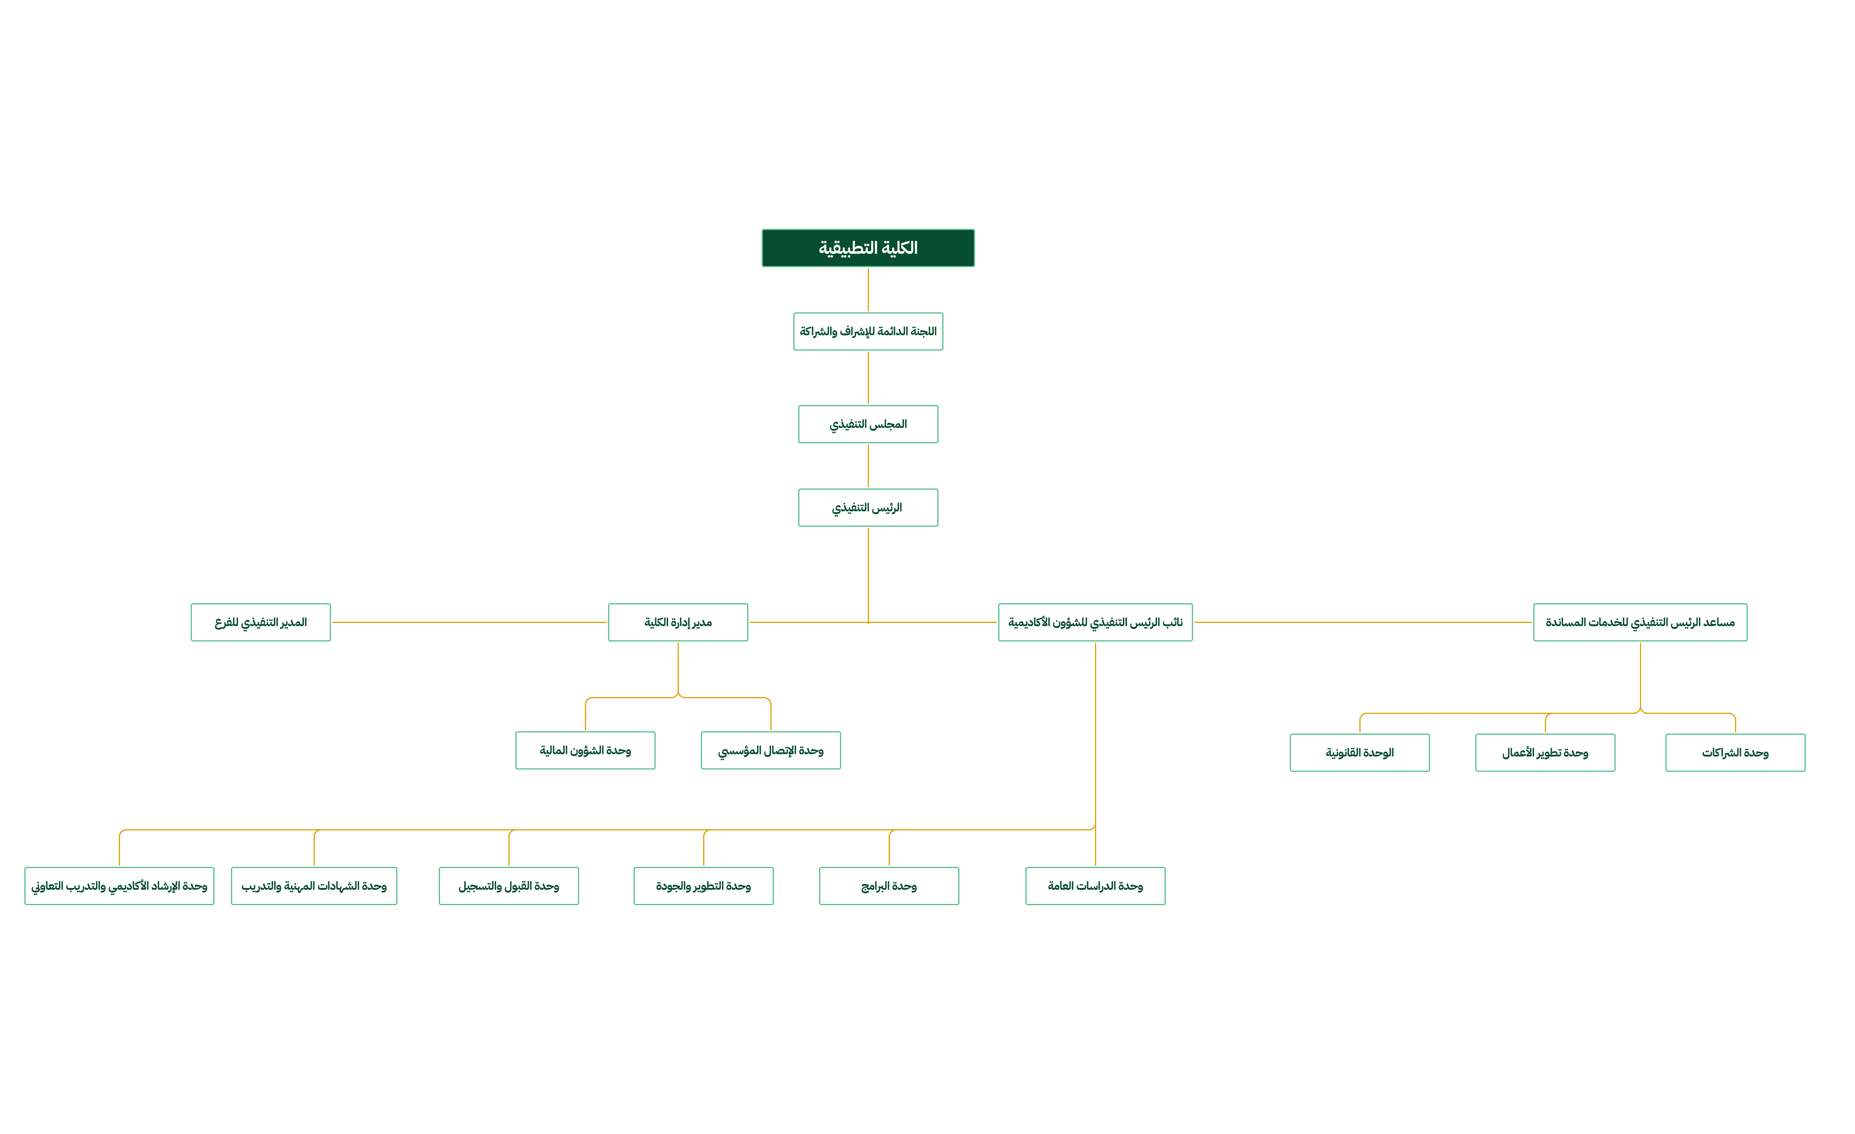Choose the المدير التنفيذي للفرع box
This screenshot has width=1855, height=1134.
pyautogui.click(x=261, y=622)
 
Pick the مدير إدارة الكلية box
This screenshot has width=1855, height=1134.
pyautogui.click(x=678, y=622)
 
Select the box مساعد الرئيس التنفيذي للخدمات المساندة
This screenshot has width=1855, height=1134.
pyautogui.click(x=1640, y=622)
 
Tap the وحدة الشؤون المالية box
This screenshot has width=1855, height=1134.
pyautogui.click(x=585, y=750)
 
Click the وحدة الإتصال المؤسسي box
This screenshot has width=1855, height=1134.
pyautogui.click(x=770, y=750)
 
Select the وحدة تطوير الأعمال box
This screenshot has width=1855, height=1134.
pyautogui.click(x=1545, y=752)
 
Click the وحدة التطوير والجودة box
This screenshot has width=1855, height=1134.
pyautogui.click(x=703, y=886)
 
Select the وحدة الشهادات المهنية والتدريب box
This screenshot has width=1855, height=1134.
pyautogui.click(x=314, y=886)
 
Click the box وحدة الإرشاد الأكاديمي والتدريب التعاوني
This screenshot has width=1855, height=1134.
pyautogui.click(x=119, y=886)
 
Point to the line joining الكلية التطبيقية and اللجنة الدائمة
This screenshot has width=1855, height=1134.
pyautogui.click(x=868, y=290)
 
